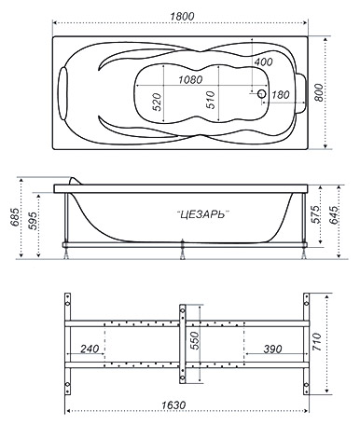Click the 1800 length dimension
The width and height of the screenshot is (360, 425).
pos(182,16)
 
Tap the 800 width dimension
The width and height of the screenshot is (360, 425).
pos(318,92)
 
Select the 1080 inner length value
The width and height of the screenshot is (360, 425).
pos(190,80)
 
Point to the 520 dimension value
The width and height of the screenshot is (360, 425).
pos(158,102)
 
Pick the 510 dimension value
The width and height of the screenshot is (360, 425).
pos(211,100)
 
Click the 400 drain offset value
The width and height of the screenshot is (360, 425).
pos(263,62)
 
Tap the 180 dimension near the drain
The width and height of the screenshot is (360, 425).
pos(281,95)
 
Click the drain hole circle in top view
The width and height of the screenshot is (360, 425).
pos(262,93)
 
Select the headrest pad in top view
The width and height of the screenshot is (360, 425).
pos(63,93)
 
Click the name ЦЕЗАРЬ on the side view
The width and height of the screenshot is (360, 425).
pos(202,214)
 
